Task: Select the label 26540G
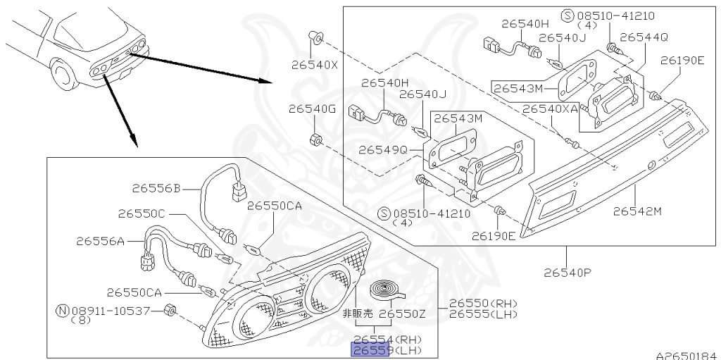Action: click(x=312, y=109)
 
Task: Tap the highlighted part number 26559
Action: click(x=370, y=350)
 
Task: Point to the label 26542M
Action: click(x=637, y=211)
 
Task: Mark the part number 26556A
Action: click(x=100, y=241)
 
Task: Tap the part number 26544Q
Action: click(x=644, y=37)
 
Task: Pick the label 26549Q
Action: click(x=382, y=150)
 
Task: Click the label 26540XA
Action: click(x=550, y=109)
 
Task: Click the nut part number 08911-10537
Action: click(x=111, y=310)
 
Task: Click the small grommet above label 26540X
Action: click(x=316, y=36)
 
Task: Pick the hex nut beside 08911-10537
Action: click(x=169, y=311)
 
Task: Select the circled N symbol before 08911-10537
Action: click(x=62, y=310)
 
